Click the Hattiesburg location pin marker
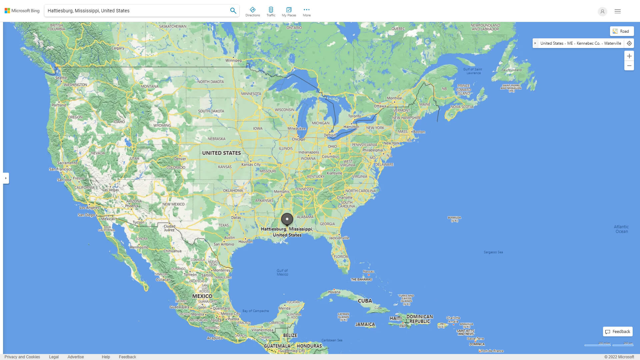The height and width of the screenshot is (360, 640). [x=287, y=219]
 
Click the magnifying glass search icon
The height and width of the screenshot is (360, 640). [x=233, y=11]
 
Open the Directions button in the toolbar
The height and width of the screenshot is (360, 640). [x=253, y=12]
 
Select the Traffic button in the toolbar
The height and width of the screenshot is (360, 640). [x=271, y=12]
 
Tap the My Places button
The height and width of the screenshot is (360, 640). [x=289, y=12]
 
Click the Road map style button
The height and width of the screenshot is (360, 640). [x=622, y=31]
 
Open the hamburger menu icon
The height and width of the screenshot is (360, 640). [x=618, y=11]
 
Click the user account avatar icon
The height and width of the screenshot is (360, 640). [x=602, y=11]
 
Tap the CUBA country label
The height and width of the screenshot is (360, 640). [x=365, y=301]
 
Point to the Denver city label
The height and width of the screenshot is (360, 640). [x=180, y=159]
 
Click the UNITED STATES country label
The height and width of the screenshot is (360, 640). [x=221, y=153]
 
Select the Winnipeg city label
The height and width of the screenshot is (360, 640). [x=233, y=60]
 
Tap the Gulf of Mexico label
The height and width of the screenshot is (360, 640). [x=282, y=272]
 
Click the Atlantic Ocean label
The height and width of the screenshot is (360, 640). [x=621, y=229]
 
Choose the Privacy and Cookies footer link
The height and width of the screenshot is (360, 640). [x=22, y=357]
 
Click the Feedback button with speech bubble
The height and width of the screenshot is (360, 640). [x=618, y=332]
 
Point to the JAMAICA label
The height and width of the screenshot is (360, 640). [x=365, y=324]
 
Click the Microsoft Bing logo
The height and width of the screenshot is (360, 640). [x=22, y=11]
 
